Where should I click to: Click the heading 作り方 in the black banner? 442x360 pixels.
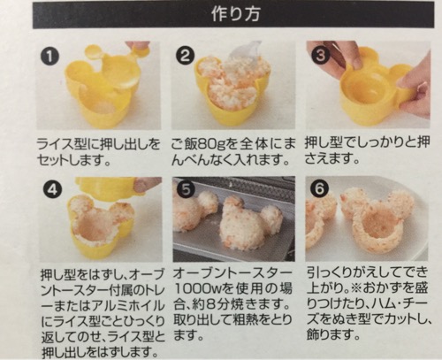tap(235, 15)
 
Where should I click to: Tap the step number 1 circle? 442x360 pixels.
tap(50, 56)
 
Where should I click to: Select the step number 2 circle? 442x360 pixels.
tap(185, 56)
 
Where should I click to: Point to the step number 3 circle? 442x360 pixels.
tap(320, 56)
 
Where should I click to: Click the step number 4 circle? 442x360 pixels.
tap(52, 190)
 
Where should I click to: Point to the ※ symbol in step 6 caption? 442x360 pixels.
tap(356, 288)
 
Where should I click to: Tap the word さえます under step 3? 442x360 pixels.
tap(329, 159)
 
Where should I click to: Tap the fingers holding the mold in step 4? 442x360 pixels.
tap(147, 187)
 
